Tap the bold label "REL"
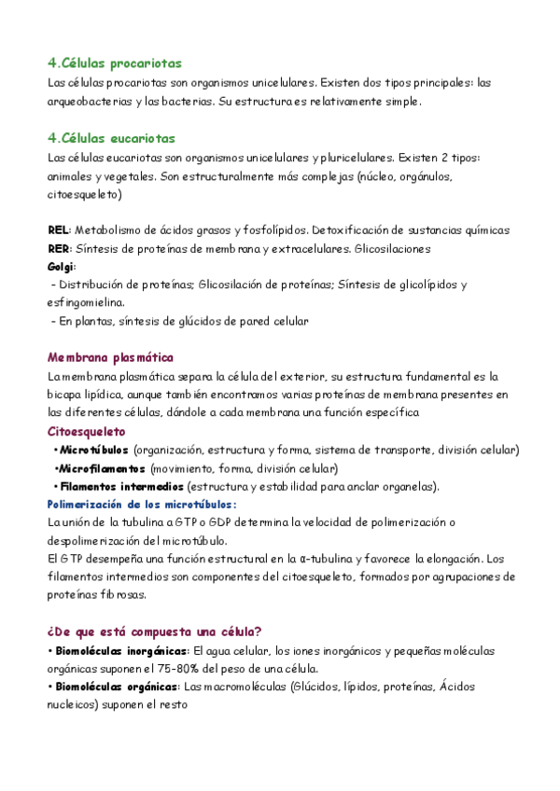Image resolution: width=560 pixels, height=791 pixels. coord(58,230)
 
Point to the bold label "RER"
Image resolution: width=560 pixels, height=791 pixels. coord(58,248)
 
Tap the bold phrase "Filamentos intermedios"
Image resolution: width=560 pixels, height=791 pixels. coord(119,487)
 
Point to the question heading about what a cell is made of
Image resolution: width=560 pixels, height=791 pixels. coord(154,631)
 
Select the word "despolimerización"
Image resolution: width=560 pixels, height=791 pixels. coord(94,541)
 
